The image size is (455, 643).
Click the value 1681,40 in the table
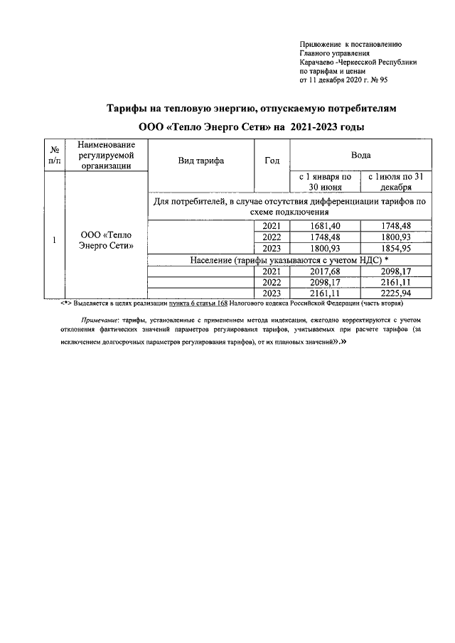pos(324,225)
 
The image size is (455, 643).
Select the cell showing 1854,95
pos(395,248)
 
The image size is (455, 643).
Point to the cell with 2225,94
pos(395,293)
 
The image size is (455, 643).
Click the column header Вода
pos(360,154)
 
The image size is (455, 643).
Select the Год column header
pos(272,161)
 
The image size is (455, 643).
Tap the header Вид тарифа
pos(201,161)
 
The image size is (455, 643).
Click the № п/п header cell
pos(54,156)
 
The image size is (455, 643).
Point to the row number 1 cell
pos(54,240)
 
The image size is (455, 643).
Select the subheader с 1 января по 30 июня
pos(324,181)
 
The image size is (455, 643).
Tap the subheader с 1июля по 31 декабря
pos(395,181)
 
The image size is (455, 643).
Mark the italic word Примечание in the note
pos(100,320)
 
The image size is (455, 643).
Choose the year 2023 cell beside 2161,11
pos(272,293)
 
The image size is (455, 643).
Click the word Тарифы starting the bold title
pos(126,109)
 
